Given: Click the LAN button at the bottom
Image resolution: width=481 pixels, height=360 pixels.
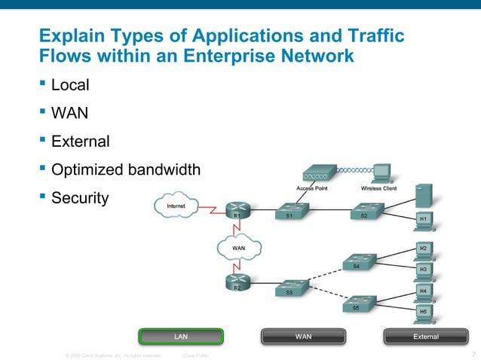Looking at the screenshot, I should point(181,336).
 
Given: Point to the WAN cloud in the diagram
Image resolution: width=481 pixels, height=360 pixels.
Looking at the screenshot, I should point(238,247).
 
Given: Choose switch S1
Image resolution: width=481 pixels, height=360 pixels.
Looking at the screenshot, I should point(290,211).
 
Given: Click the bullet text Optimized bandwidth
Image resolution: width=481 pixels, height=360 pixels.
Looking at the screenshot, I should point(126,169).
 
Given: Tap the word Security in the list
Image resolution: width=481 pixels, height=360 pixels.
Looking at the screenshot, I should point(80,198).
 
